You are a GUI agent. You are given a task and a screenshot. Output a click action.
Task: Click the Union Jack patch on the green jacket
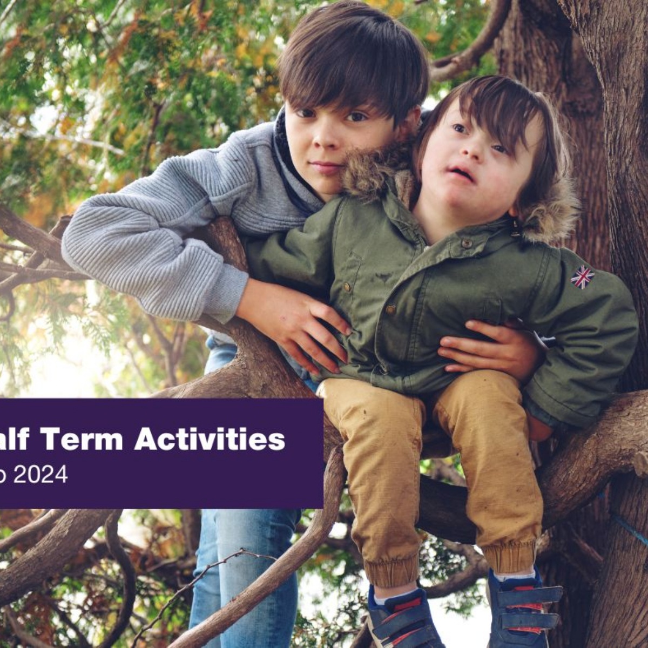(583, 277)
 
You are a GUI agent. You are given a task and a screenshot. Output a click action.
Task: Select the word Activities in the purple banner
(210, 438)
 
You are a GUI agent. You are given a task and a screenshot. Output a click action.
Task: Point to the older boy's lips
(326, 167)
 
